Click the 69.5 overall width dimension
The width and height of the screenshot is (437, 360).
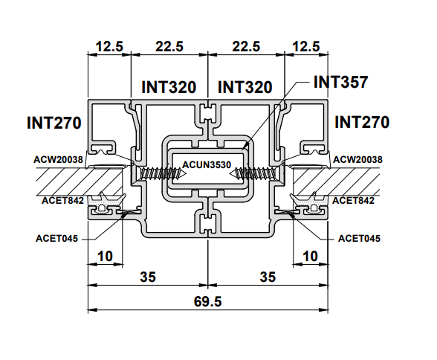coord(207,301)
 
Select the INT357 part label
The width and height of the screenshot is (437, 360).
coord(340,82)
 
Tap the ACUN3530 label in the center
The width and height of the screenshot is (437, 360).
coord(207,164)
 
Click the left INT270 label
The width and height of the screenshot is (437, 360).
coord(54,123)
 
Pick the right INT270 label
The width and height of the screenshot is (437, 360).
coord(362,122)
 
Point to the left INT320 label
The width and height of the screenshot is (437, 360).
coord(169,87)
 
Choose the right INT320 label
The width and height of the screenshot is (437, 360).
coord(245,87)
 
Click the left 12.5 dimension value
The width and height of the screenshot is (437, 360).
coord(109,46)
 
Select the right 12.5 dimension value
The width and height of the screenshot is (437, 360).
coord(306,46)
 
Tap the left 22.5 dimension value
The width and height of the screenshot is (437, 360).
coord(169,46)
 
